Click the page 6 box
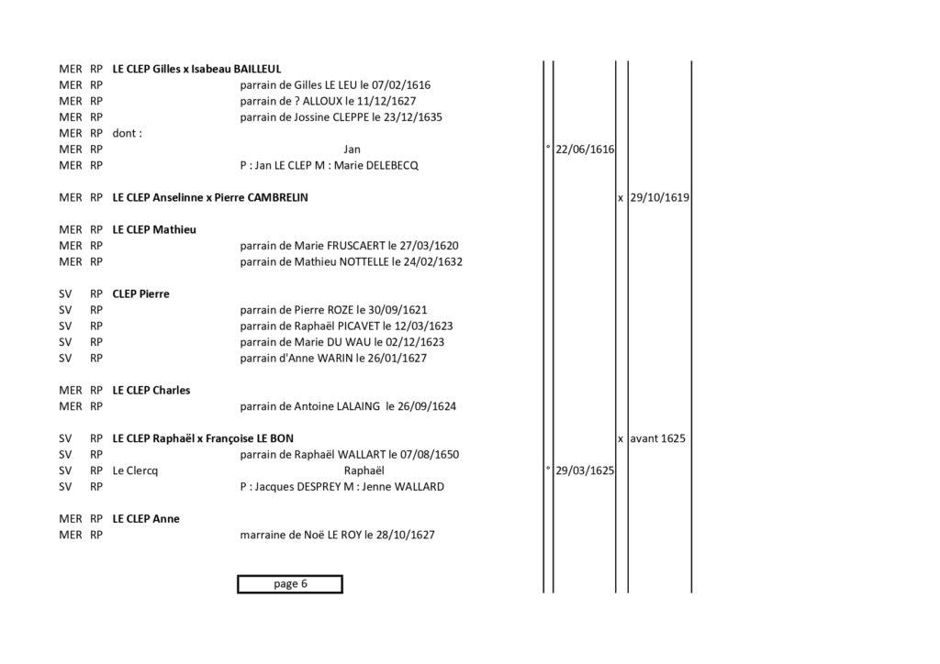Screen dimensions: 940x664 tap(290, 584)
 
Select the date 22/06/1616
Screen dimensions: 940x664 tap(585, 149)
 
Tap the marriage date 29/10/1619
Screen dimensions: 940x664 tap(659, 197)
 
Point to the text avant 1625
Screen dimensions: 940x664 tap(657, 438)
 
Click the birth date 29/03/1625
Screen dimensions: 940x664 tap(585, 470)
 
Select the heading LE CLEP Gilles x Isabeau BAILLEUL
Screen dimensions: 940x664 tap(196, 69)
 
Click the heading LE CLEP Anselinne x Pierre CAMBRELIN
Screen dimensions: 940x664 tap(210, 197)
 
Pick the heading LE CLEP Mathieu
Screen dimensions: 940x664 tap(154, 229)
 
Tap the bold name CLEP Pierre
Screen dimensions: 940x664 tap(140, 294)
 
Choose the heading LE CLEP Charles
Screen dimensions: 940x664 tap(151, 391)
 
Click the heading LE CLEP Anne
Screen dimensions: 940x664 tap(146, 518)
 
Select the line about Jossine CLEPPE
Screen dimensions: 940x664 tap(341, 117)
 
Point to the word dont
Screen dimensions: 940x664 tap(127, 133)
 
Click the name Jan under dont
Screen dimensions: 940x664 tap(352, 149)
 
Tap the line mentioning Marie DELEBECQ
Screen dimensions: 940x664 tap(330, 165)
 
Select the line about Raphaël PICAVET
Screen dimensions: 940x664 tap(346, 326)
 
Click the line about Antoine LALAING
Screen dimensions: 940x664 tap(348, 406)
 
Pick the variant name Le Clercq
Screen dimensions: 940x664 tap(135, 470)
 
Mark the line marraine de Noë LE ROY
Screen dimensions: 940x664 tap(337, 535)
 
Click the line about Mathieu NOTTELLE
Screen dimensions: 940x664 tap(352, 261)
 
